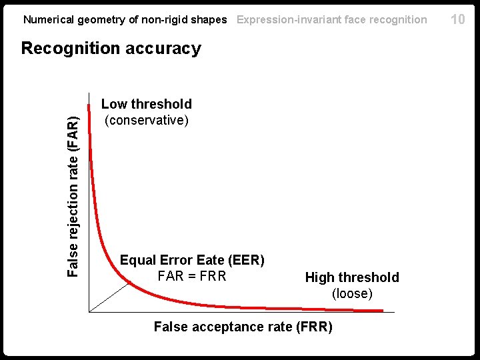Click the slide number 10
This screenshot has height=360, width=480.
(x=457, y=19)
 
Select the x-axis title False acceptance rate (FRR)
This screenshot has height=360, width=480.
(x=243, y=327)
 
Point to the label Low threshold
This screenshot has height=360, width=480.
(x=146, y=104)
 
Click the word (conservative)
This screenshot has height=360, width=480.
(x=146, y=120)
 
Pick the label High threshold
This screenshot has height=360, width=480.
(x=352, y=277)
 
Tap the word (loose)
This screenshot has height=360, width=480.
(x=352, y=293)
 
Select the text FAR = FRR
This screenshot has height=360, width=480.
(x=192, y=276)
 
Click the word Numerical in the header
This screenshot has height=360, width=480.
(x=49, y=19)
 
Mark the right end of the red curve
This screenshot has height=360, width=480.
(x=382, y=311)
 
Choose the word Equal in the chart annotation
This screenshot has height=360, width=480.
(x=138, y=260)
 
